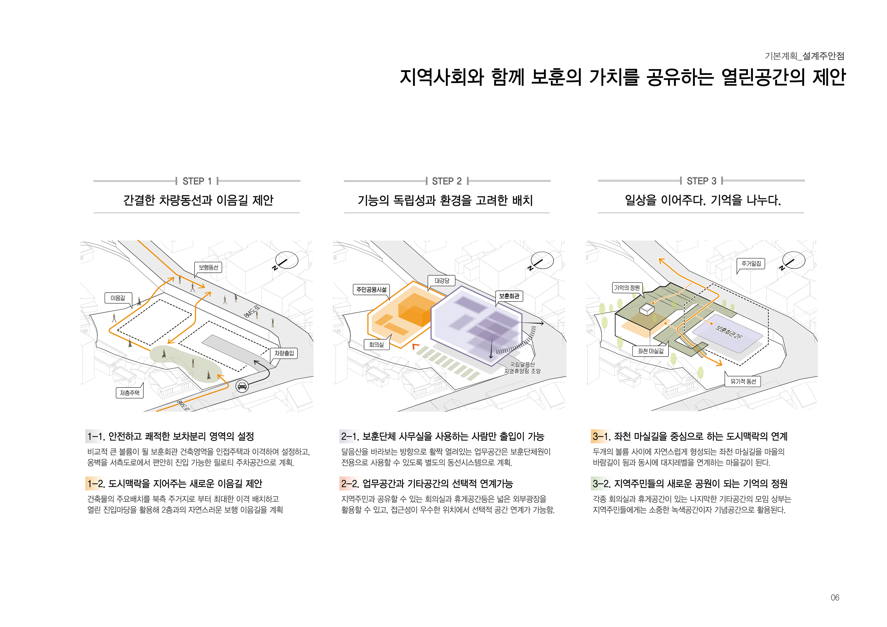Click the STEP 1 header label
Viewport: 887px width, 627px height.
point(197,181)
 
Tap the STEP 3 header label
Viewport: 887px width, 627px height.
point(701,181)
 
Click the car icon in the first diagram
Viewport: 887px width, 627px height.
point(242,386)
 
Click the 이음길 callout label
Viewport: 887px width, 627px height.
point(118,298)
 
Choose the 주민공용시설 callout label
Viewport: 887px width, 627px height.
point(371,289)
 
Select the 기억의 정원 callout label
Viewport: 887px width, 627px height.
point(627,288)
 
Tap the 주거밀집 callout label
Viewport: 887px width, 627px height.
point(751,264)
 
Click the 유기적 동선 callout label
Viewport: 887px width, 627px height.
point(743,381)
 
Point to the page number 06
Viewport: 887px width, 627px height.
point(835,598)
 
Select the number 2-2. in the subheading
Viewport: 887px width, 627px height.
point(350,484)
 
